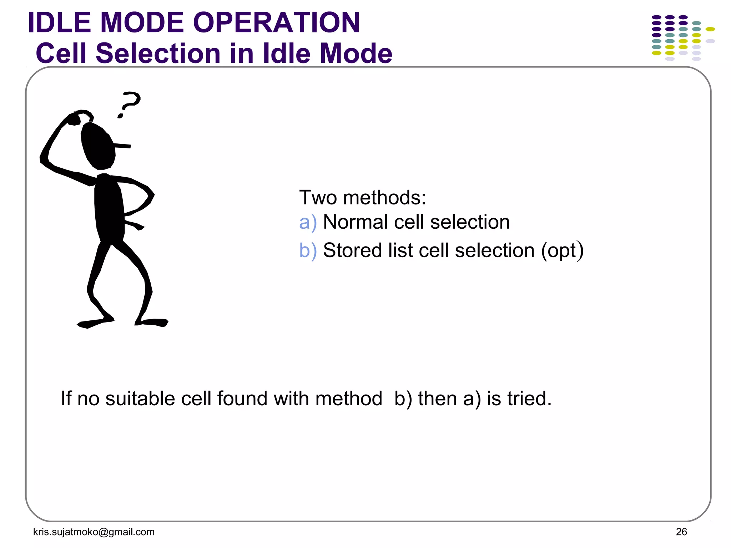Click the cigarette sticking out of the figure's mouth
coord(122,146)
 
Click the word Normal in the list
coord(356,222)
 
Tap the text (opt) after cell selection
coord(562,251)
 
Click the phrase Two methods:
coord(362,197)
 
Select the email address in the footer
coord(94,532)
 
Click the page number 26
coord(681,532)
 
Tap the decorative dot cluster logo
coord(682,37)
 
